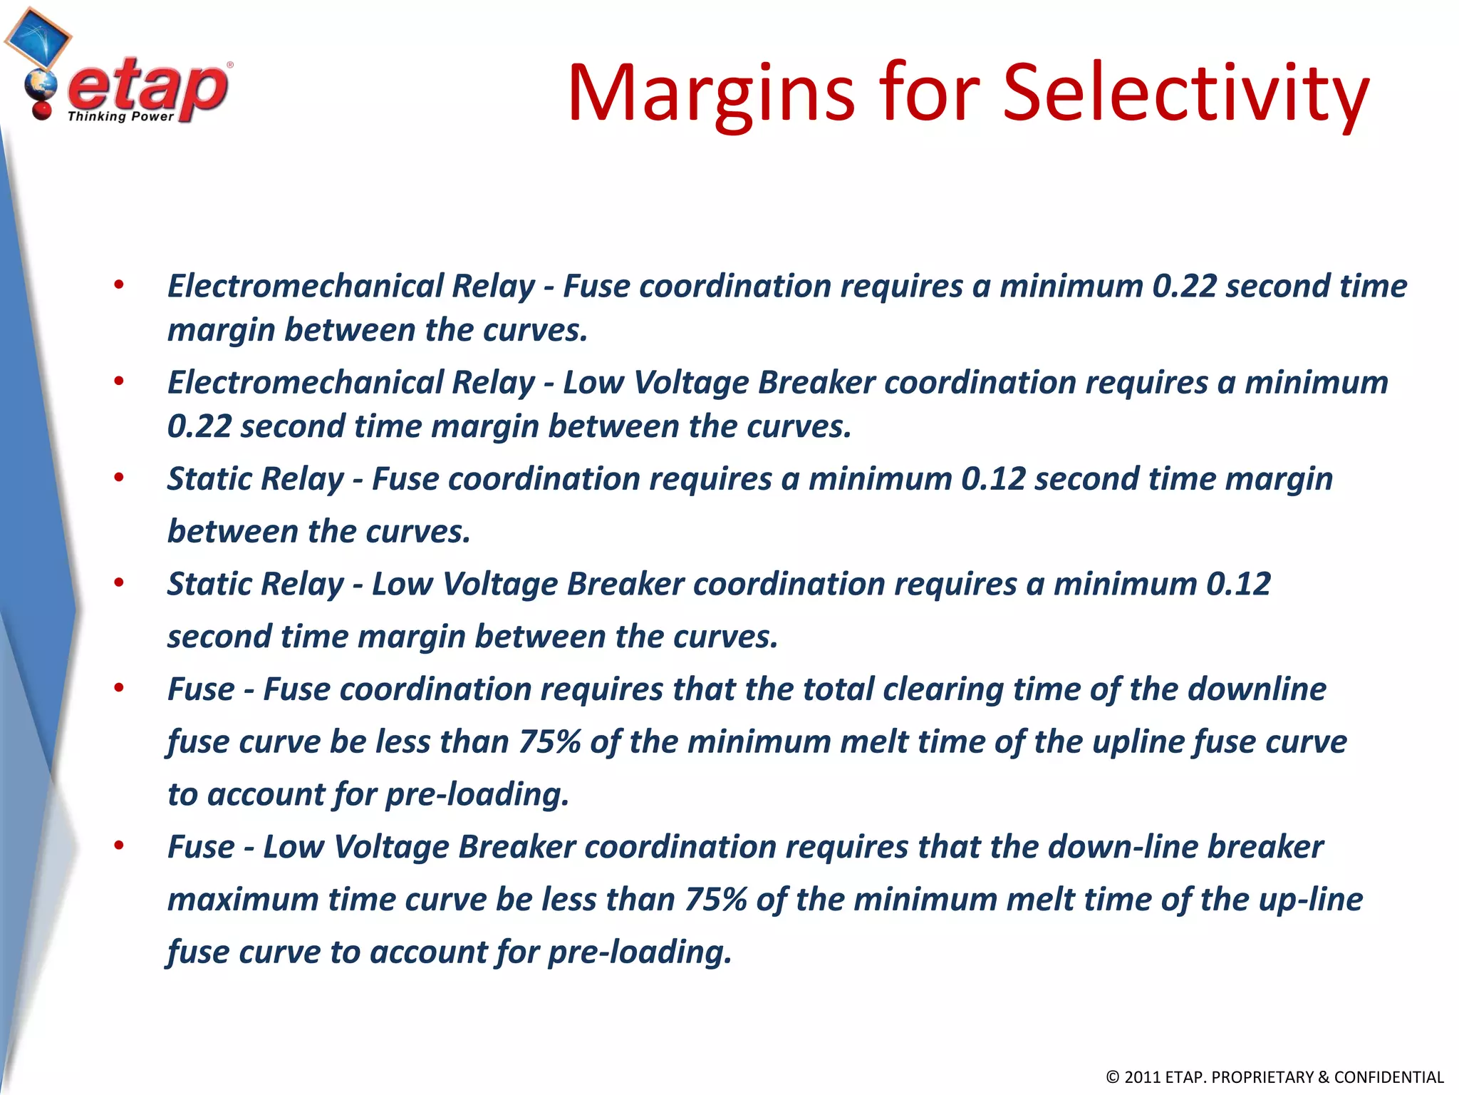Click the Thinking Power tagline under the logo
point(120,116)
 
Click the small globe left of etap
point(40,87)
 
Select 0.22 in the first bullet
point(1184,286)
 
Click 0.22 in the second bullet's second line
point(199,426)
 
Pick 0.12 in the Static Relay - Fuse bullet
point(993,478)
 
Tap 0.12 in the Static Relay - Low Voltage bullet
point(1238,584)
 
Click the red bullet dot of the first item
point(119,286)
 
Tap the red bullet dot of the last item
point(119,846)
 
